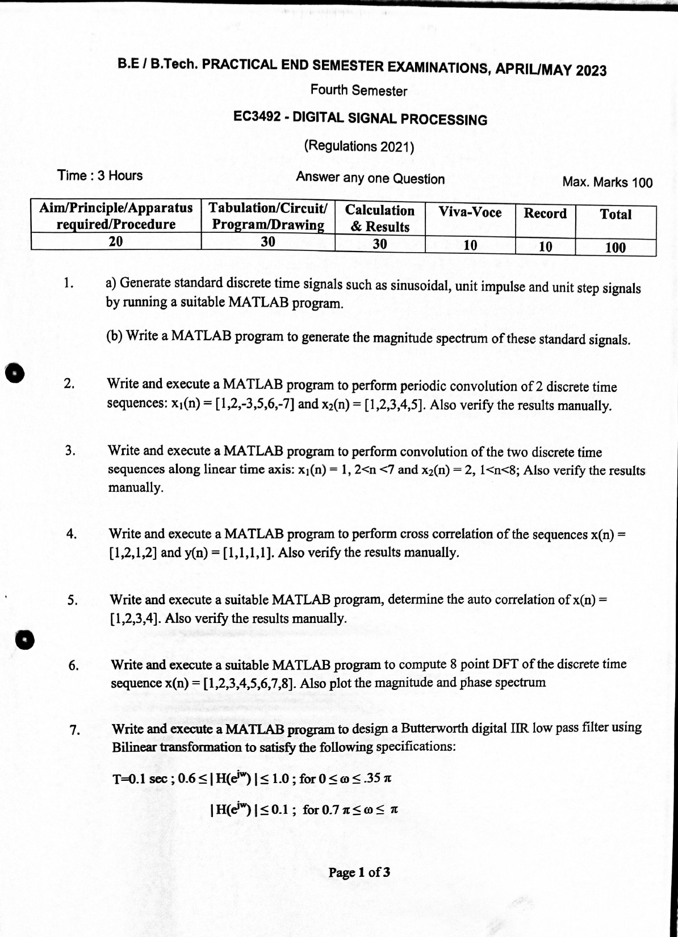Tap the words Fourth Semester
(358, 91)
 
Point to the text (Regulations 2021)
(359, 147)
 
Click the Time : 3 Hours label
(100, 175)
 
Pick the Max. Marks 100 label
(607, 182)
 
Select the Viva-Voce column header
(470, 213)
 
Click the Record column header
(545, 214)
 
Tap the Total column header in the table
(616, 215)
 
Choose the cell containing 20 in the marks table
(115, 241)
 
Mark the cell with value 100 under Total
(616, 248)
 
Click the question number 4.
(72, 533)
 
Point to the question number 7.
(74, 730)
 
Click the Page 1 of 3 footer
(359, 872)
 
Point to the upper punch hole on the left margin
(14, 373)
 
